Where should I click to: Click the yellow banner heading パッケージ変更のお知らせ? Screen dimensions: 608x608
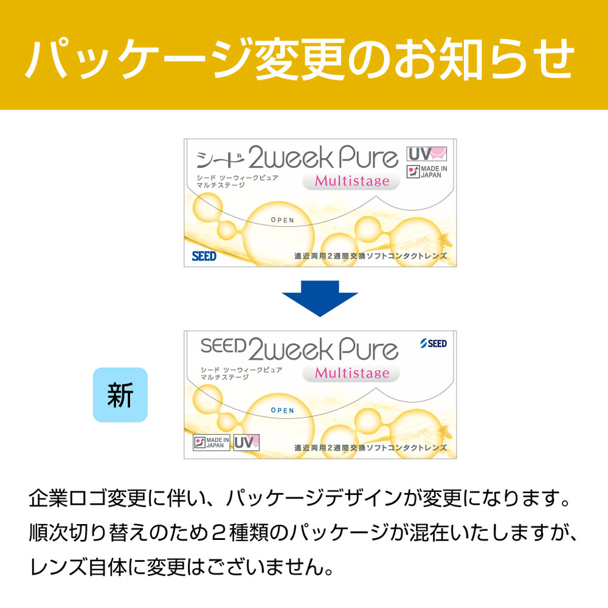click(x=300, y=58)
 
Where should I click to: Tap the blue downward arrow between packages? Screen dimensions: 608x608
click(x=320, y=299)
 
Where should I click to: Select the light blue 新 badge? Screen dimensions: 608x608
click(x=120, y=395)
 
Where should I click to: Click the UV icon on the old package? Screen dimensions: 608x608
click(x=427, y=154)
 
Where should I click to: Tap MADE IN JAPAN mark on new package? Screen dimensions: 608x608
click(x=211, y=442)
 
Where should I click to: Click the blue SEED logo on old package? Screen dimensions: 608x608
click(x=204, y=256)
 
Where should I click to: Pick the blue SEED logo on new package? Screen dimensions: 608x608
click(x=434, y=344)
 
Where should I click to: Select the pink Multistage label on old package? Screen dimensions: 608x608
click(x=351, y=181)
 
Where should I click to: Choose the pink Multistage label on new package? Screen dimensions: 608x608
click(x=351, y=373)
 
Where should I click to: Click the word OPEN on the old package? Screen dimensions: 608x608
click(x=282, y=220)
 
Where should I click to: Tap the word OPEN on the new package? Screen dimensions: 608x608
click(x=282, y=410)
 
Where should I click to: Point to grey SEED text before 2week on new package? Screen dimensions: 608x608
click(x=223, y=347)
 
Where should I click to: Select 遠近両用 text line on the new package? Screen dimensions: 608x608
click(x=370, y=447)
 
